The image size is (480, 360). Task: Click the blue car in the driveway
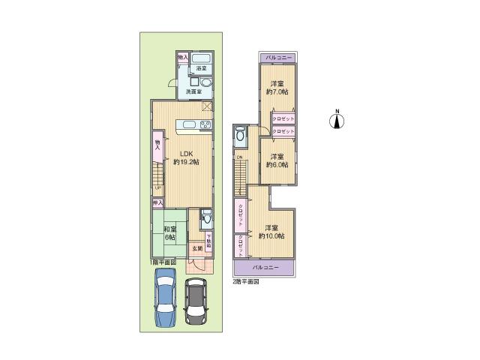165,300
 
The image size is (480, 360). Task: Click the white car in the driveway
196,302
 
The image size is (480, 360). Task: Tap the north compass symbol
337,120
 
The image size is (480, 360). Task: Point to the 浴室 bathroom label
201,69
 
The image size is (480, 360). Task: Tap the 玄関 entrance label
196,247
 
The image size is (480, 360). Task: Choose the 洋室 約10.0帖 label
271,232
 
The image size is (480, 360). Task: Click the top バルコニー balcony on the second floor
277,57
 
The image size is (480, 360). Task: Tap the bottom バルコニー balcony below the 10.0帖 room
265,268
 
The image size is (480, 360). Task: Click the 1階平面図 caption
162,262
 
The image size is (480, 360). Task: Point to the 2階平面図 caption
245,281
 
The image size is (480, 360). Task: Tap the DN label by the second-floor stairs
237,157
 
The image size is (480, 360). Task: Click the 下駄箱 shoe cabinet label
209,241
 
